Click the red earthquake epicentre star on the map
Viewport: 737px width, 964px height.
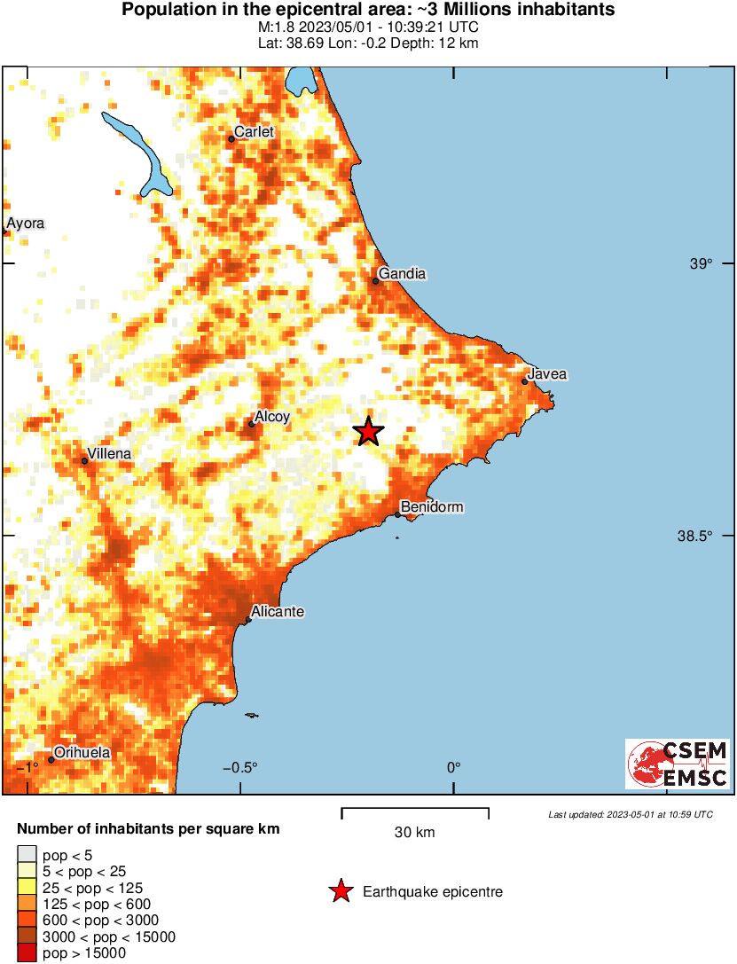[368, 432]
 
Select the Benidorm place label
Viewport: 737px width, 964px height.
[432, 507]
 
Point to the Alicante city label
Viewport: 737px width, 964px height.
[278, 612]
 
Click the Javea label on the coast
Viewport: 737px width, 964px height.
[546, 374]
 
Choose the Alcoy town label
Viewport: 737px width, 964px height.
[272, 416]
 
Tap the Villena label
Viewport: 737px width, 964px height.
[109, 453]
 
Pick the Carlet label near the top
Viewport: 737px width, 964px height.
[255, 132]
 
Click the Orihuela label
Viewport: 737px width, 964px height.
[82, 753]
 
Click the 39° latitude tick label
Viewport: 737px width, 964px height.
[701, 263]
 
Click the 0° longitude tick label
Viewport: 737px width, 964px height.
[454, 767]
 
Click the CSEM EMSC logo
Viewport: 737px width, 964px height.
[677, 764]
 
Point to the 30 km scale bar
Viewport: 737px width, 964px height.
[415, 809]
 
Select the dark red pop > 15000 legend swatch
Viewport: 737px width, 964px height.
[27, 953]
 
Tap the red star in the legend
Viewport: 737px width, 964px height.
[341, 892]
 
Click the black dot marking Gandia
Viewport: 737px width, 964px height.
[376, 281]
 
